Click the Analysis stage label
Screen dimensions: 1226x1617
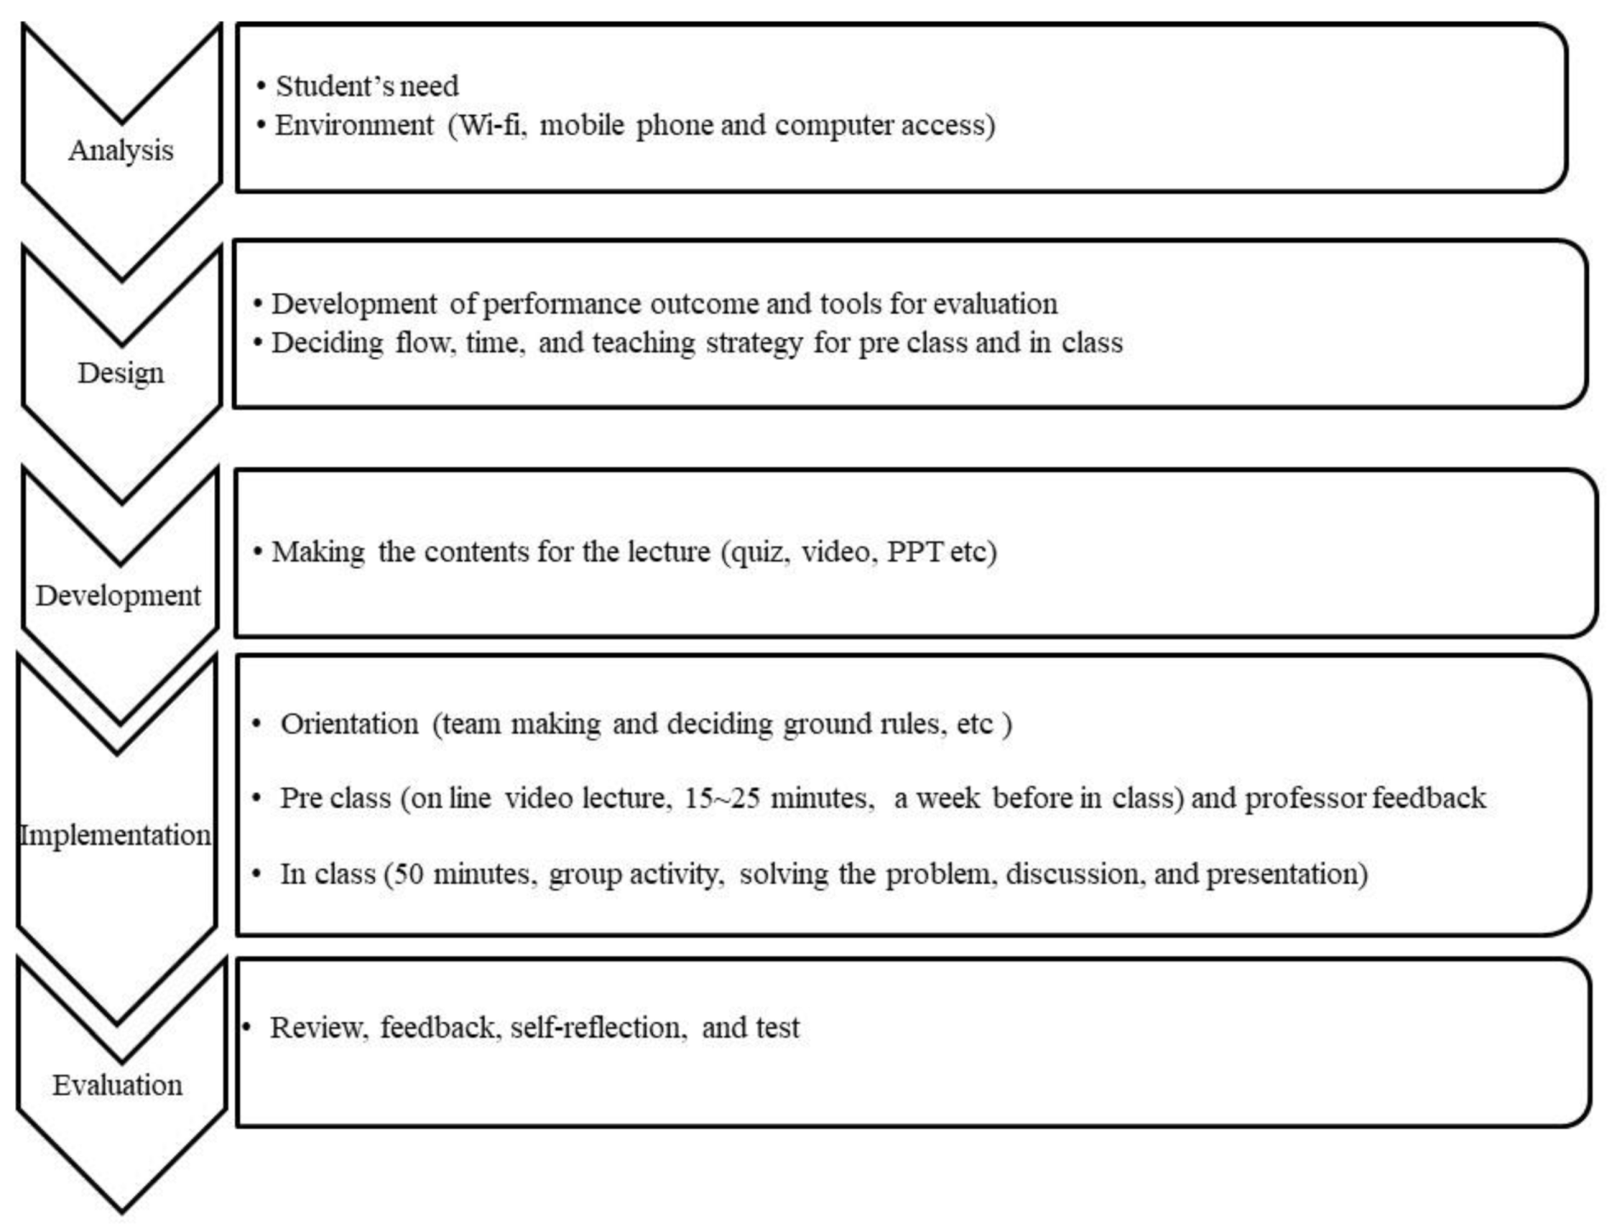coord(121,150)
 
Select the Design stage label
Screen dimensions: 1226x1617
coord(121,373)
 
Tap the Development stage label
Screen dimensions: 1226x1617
coord(118,596)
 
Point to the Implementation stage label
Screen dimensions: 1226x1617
coord(116,835)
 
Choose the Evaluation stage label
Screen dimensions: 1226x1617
coord(117,1086)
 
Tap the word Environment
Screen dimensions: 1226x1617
coord(354,125)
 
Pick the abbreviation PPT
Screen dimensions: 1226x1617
coord(915,552)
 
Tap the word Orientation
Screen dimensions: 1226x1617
coord(349,724)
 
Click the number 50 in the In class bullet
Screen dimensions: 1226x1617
coord(408,874)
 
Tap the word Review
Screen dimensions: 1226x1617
coord(318,1028)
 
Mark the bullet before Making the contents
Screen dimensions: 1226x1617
coord(258,552)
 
